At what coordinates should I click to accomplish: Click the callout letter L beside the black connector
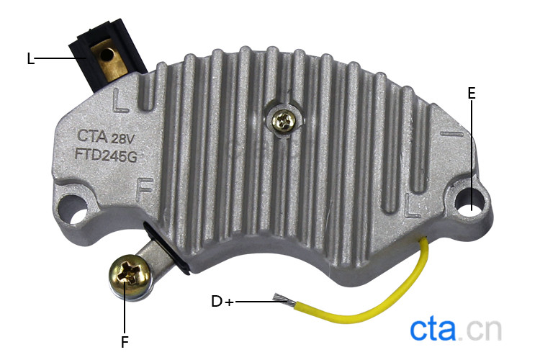tap(31, 58)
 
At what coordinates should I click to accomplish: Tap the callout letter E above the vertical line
tap(472, 94)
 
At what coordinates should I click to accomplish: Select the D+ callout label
tap(222, 302)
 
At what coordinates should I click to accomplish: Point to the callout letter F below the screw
tap(125, 342)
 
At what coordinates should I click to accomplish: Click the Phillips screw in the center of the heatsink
tap(283, 121)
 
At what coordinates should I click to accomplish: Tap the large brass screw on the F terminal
tap(129, 276)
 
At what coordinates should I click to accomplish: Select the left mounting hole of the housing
tap(73, 209)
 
